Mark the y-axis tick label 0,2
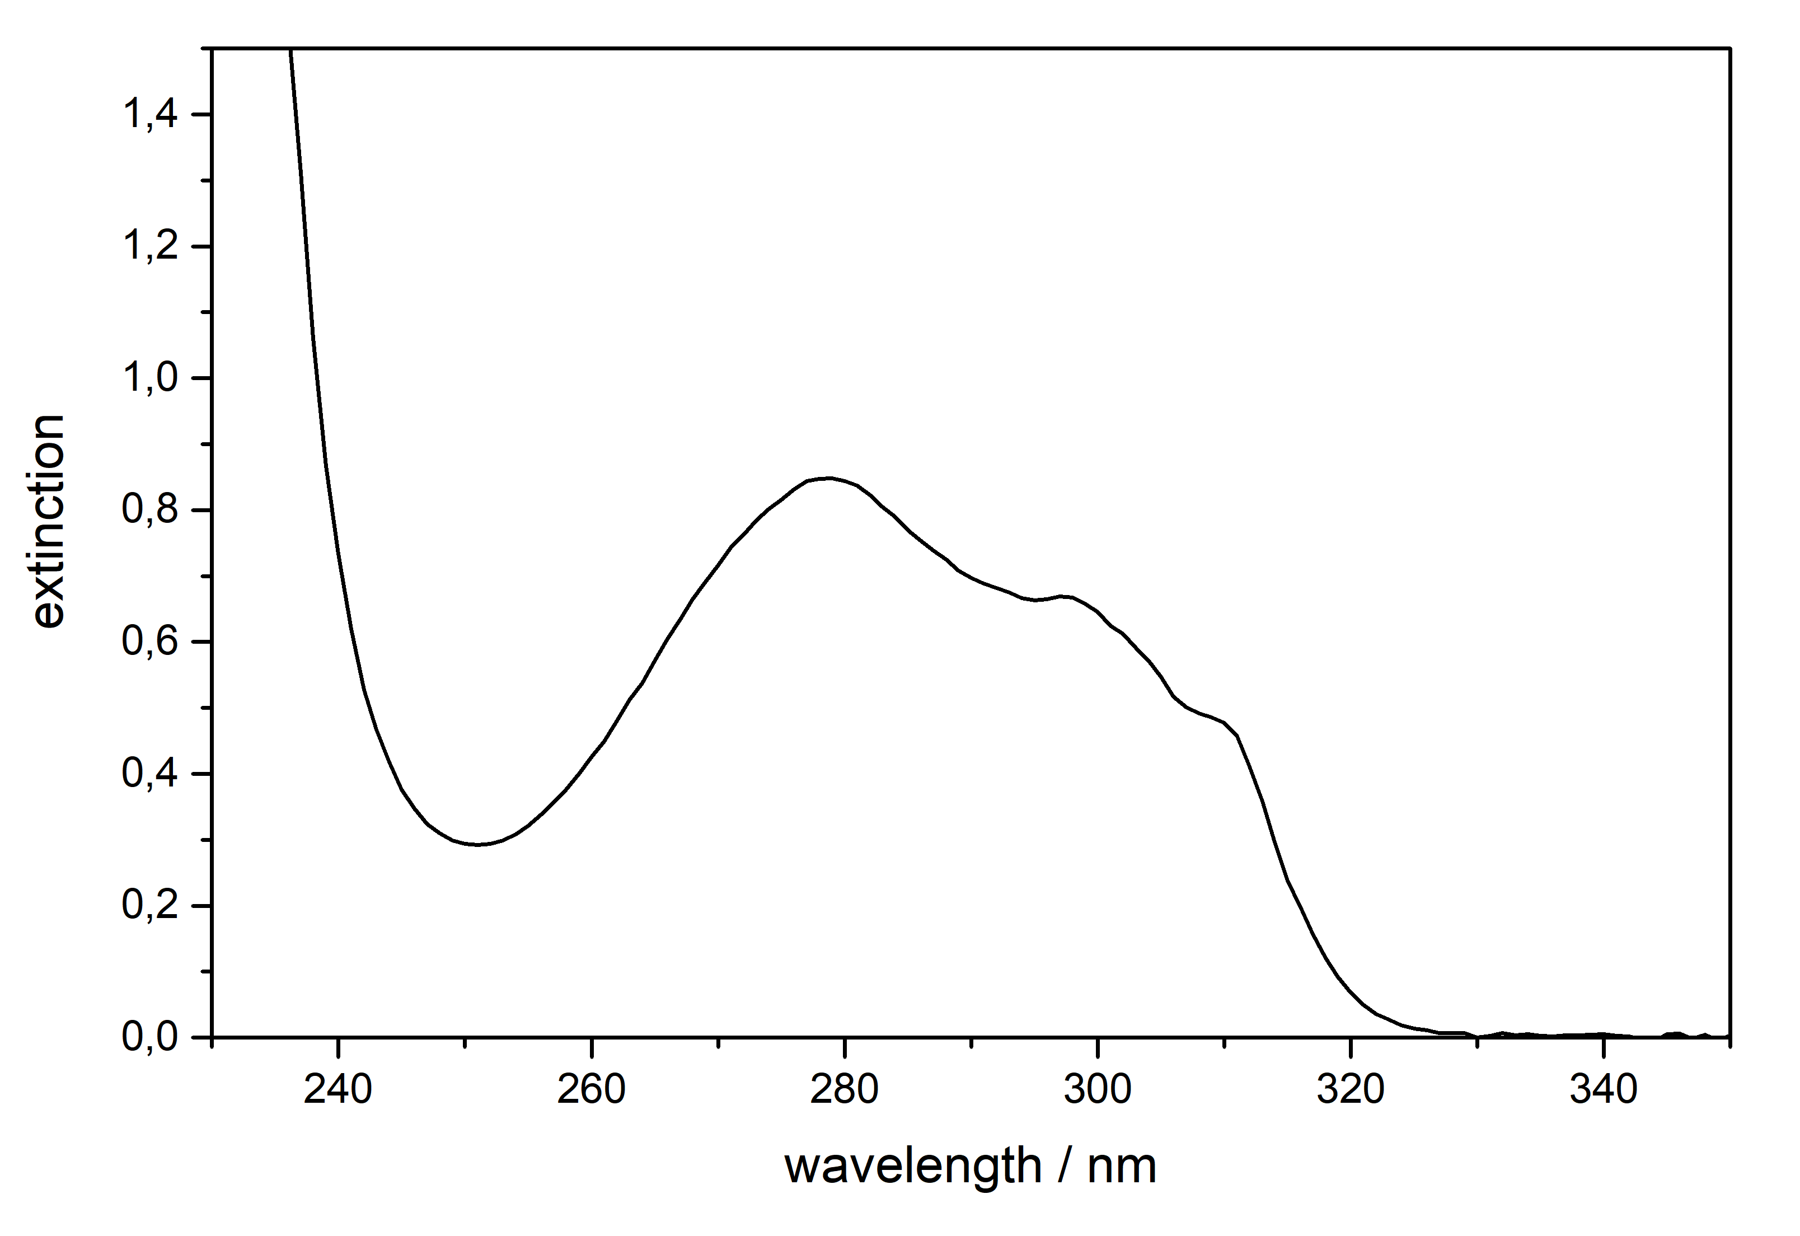coord(150,905)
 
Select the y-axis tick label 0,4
coord(150,774)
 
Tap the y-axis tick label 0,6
coord(150,642)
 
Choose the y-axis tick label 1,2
coord(150,247)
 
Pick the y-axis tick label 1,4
coord(150,115)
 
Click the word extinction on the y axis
coord(49,521)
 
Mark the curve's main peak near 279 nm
coord(829,478)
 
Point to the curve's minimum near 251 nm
coord(478,844)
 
